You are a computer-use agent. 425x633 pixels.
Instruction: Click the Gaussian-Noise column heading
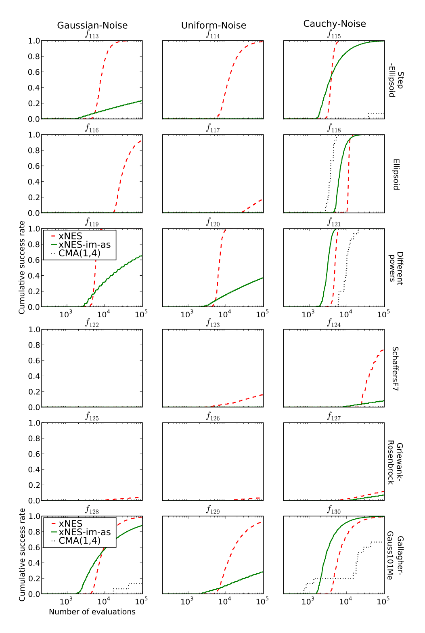92,25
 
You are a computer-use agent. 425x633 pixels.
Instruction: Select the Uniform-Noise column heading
214,25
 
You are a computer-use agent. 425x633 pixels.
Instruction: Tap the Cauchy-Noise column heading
335,24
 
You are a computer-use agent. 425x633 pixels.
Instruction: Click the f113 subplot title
92,34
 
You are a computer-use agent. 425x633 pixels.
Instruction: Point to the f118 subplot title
334,128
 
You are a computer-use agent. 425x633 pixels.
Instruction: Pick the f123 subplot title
213,323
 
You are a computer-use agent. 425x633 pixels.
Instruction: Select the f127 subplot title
334,417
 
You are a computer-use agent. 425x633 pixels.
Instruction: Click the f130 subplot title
334,510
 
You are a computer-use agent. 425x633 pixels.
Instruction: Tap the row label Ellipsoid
396,174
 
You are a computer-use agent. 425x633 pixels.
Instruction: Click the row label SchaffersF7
396,369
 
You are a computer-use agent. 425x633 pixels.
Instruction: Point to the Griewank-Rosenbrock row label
395,463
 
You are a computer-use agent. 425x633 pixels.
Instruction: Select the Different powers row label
396,268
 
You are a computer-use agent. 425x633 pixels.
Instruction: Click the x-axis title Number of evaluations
92,612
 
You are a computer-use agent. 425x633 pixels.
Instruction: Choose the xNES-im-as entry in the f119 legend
84,245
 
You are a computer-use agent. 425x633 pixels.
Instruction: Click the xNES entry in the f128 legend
70,524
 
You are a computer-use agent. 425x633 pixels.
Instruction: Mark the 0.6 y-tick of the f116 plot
34,166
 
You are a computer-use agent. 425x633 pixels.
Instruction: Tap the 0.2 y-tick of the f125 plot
34,485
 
